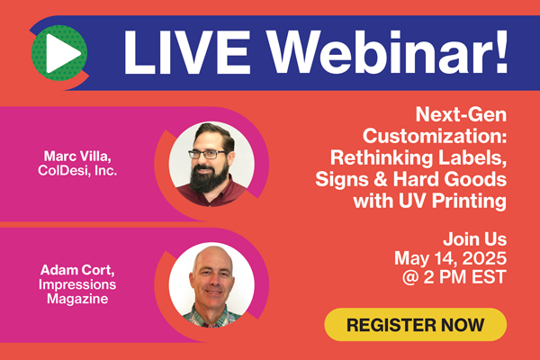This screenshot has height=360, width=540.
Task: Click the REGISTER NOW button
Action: tap(415, 324)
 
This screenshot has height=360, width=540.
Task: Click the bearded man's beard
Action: tap(210, 179)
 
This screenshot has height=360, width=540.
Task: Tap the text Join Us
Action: tap(474, 239)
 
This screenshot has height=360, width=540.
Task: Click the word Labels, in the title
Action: tap(475, 157)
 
